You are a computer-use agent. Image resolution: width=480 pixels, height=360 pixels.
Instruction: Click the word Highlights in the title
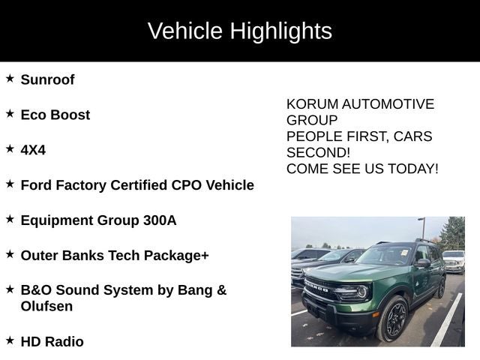click(280, 31)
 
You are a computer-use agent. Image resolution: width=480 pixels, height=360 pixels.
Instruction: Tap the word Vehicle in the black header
click(185, 31)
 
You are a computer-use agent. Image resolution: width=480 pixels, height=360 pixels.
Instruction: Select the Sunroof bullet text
click(47, 79)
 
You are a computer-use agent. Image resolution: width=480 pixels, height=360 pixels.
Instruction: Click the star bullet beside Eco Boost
click(10, 113)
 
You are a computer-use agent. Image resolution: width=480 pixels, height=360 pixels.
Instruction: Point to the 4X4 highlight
click(33, 150)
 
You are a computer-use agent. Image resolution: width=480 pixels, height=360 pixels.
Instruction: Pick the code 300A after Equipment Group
click(160, 220)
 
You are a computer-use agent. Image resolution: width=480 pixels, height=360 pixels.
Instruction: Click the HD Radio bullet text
click(52, 342)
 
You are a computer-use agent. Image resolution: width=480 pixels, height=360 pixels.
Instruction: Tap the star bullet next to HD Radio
click(10, 340)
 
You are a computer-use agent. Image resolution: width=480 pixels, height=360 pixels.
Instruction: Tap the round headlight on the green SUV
click(362, 290)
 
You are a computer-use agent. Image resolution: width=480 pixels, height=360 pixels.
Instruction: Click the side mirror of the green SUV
click(423, 263)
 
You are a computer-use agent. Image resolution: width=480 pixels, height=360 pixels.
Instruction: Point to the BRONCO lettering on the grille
click(318, 286)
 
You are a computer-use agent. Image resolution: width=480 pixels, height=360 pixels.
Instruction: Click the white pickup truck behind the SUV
click(454, 260)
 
